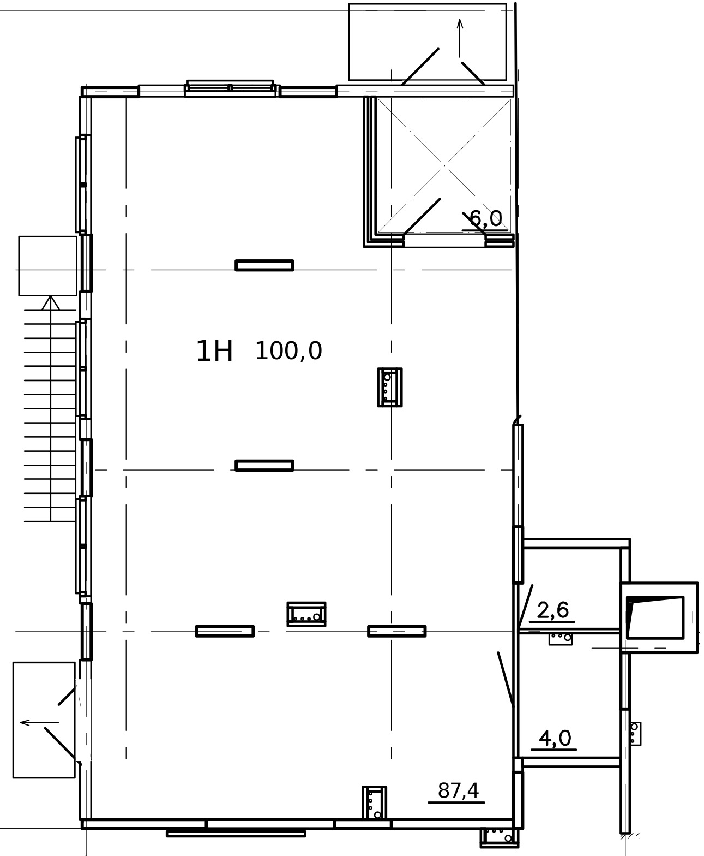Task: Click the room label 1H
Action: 214,352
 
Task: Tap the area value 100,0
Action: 288,351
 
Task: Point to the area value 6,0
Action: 485,219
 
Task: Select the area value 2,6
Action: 553,610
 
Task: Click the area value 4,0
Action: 555,738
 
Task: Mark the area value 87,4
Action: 458,790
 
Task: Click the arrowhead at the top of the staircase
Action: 51,303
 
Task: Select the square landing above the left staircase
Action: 47,266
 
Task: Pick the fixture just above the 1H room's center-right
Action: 390,387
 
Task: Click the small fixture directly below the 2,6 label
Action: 561,639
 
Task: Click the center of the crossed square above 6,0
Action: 444,165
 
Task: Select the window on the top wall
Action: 230,88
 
